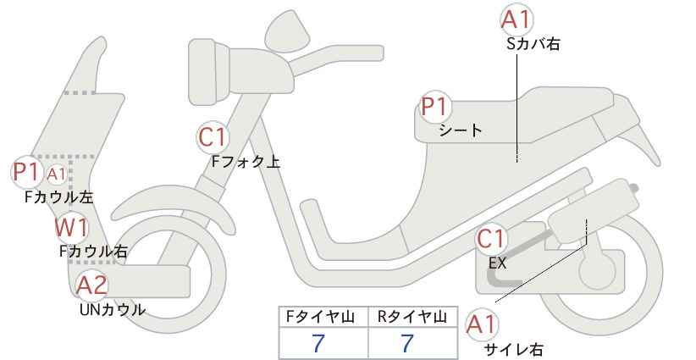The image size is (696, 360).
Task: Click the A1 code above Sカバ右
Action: [x=516, y=20]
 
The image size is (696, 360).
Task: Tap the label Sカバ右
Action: [x=533, y=43]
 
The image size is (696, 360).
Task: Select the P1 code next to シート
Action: [x=435, y=107]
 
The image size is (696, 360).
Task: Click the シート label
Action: [x=461, y=130]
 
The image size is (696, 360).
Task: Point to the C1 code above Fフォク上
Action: [x=213, y=137]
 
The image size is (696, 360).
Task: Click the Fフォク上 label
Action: [x=246, y=161]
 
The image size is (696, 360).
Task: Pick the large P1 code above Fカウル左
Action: [x=26, y=172]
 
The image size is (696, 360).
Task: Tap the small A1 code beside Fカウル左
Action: [x=56, y=174]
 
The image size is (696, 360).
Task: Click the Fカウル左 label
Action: [x=58, y=197]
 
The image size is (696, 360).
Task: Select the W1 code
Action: [x=71, y=227]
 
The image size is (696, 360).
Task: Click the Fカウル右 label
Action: [x=93, y=252]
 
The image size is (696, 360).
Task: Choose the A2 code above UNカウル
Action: [x=92, y=285]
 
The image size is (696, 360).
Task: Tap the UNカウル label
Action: [x=113, y=309]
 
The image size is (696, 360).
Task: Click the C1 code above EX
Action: [x=490, y=239]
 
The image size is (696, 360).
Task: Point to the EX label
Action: [x=497, y=263]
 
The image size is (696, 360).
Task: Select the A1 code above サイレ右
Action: [x=482, y=325]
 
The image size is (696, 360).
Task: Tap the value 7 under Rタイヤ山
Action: [x=407, y=344]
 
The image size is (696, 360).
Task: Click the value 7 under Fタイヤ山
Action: [x=318, y=344]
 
